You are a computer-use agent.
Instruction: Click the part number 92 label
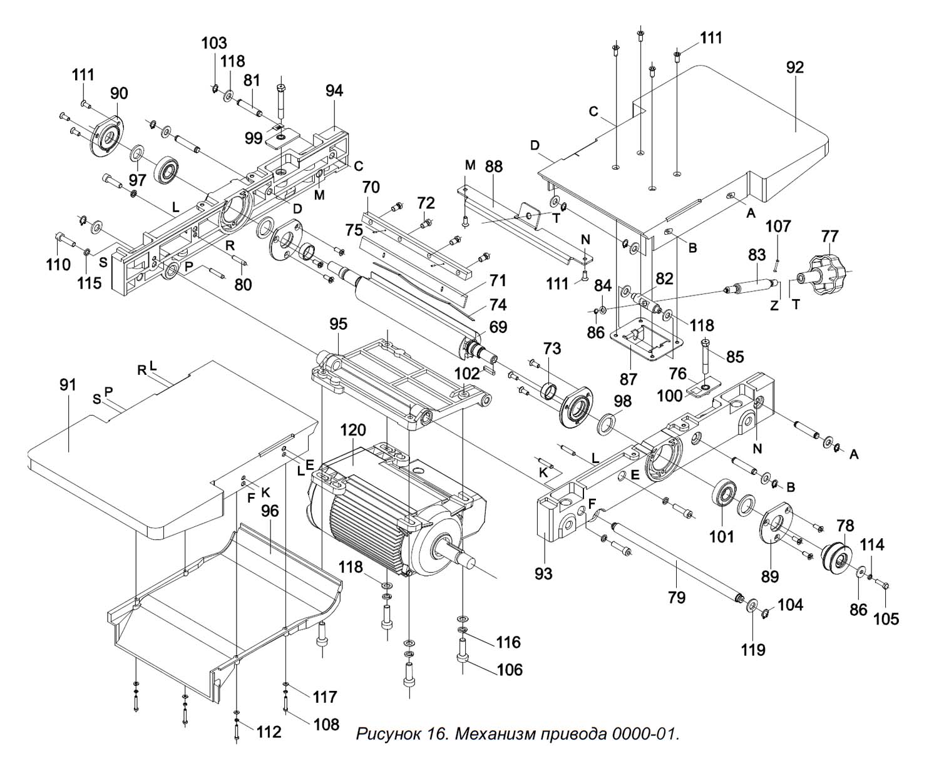(794, 67)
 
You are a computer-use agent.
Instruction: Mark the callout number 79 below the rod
(676, 597)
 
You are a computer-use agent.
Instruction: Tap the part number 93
(543, 572)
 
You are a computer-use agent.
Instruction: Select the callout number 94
(334, 90)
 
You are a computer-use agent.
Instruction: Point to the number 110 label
(58, 265)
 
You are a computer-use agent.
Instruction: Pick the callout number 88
(493, 167)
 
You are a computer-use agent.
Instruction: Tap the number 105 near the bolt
(886, 618)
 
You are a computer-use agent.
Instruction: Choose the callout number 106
(510, 670)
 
